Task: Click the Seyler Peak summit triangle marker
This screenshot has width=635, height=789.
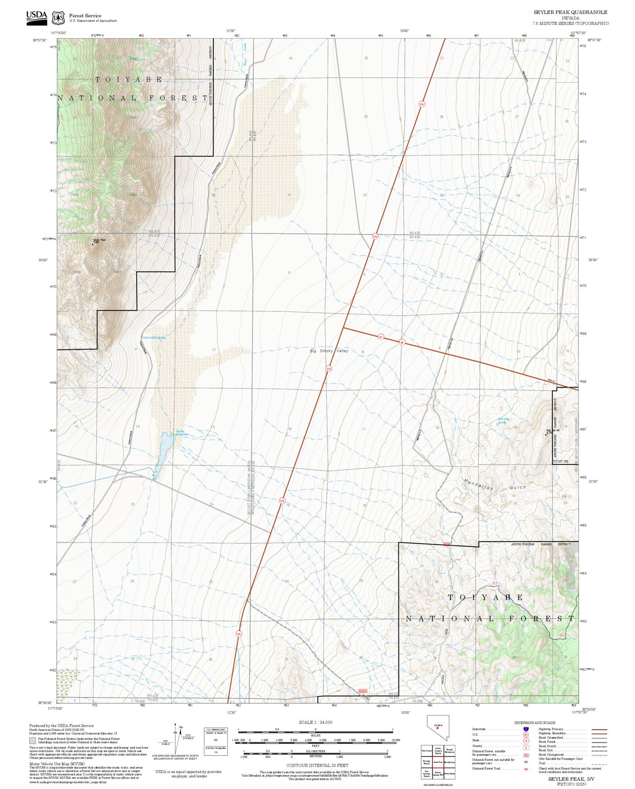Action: pos(93,244)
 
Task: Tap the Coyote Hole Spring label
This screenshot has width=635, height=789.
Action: pos(154,338)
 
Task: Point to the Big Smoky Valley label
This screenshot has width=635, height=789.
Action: pos(329,351)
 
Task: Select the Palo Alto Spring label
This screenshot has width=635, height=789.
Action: pos(502,421)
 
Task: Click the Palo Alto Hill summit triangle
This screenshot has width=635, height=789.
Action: pos(546,433)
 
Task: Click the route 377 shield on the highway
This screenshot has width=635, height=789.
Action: pos(381,337)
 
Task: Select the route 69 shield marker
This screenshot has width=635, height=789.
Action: pos(402,342)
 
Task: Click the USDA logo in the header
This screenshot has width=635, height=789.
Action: pos(36,17)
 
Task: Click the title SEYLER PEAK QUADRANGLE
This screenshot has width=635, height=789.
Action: pos(570,12)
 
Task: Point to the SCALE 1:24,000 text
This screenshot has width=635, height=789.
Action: pos(315,722)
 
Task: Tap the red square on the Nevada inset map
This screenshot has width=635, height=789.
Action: pos(437,728)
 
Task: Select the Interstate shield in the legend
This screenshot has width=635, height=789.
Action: pos(526,729)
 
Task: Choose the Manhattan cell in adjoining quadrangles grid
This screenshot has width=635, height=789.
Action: pos(449,762)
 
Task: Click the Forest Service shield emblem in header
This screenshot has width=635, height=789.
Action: pos(58,18)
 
